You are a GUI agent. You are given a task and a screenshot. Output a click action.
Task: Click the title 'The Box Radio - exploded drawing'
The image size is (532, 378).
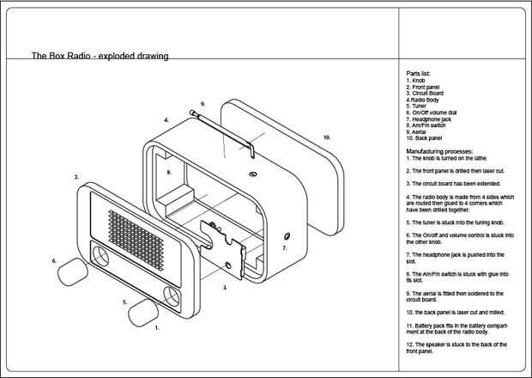(x=100, y=56)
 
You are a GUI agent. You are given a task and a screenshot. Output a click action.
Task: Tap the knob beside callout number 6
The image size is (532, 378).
(x=75, y=270)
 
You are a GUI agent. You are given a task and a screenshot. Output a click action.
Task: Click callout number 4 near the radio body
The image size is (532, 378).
(x=166, y=120)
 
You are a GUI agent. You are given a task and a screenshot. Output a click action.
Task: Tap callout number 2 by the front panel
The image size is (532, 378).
(x=76, y=177)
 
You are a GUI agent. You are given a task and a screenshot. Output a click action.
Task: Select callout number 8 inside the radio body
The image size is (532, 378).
(x=169, y=172)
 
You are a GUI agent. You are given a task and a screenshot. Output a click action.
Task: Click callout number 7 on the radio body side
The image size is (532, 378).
(x=284, y=247)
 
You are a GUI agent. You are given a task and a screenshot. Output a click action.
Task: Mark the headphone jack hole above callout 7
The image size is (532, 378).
(x=286, y=235)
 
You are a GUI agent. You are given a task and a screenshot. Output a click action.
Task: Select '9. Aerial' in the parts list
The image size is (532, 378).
(x=419, y=131)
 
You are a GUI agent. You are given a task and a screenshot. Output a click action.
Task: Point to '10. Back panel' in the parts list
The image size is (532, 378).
(x=425, y=137)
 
